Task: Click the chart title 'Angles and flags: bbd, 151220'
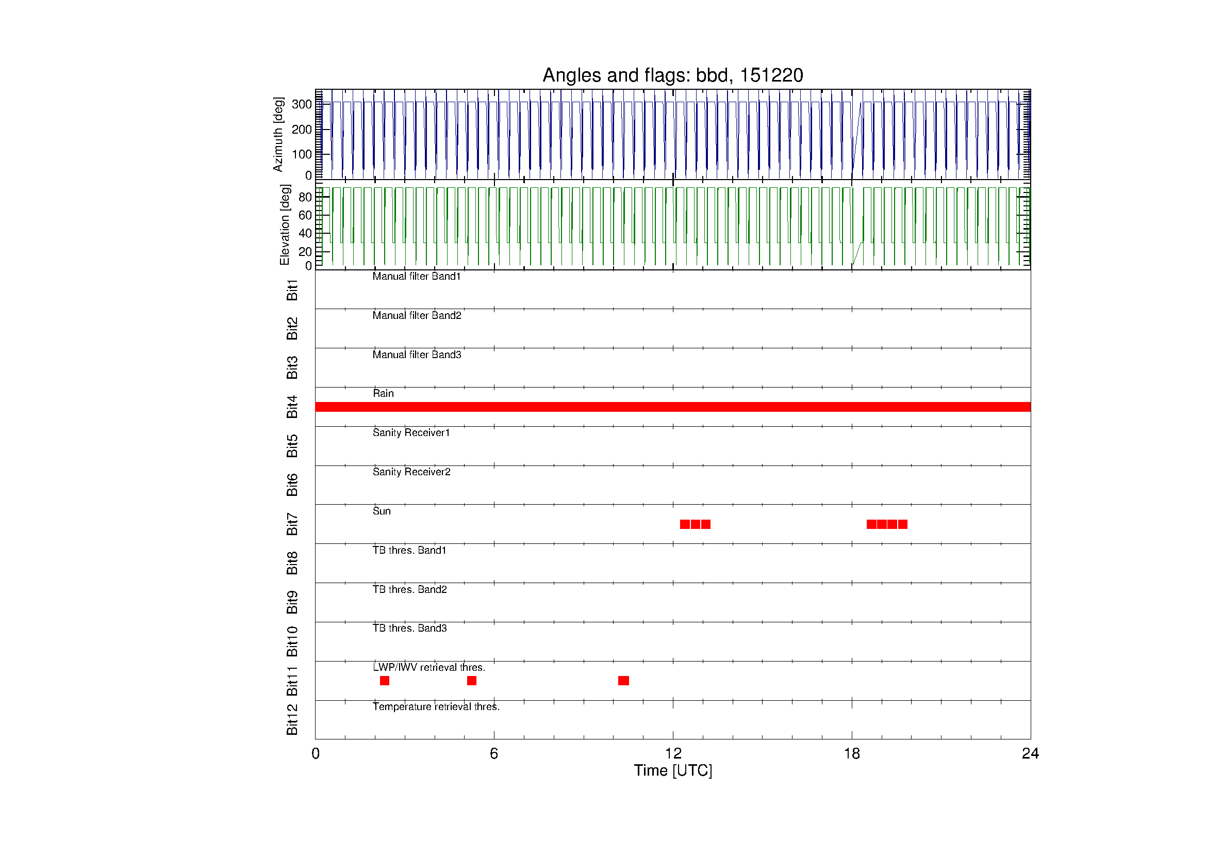click(x=672, y=75)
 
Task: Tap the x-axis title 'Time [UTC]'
click(x=673, y=770)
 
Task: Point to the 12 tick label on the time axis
click(x=673, y=754)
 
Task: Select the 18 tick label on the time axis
click(x=851, y=754)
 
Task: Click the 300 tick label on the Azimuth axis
click(x=302, y=104)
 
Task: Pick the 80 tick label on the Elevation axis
click(x=305, y=197)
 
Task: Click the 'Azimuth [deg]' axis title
click(x=278, y=135)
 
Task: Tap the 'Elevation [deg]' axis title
click(x=285, y=225)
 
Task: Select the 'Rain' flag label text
click(x=383, y=393)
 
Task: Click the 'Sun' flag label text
click(x=382, y=511)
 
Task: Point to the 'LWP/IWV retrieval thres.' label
click(x=428, y=667)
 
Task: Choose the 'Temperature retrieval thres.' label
click(x=436, y=706)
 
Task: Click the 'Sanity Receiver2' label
click(x=411, y=472)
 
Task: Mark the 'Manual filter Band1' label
click(x=417, y=276)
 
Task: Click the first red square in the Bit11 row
click(x=385, y=681)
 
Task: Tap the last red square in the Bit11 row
click(x=623, y=681)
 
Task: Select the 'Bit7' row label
click(x=292, y=524)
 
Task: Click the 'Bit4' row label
click(x=292, y=407)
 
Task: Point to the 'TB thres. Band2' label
click(x=410, y=589)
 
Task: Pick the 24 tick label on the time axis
click(x=1030, y=754)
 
